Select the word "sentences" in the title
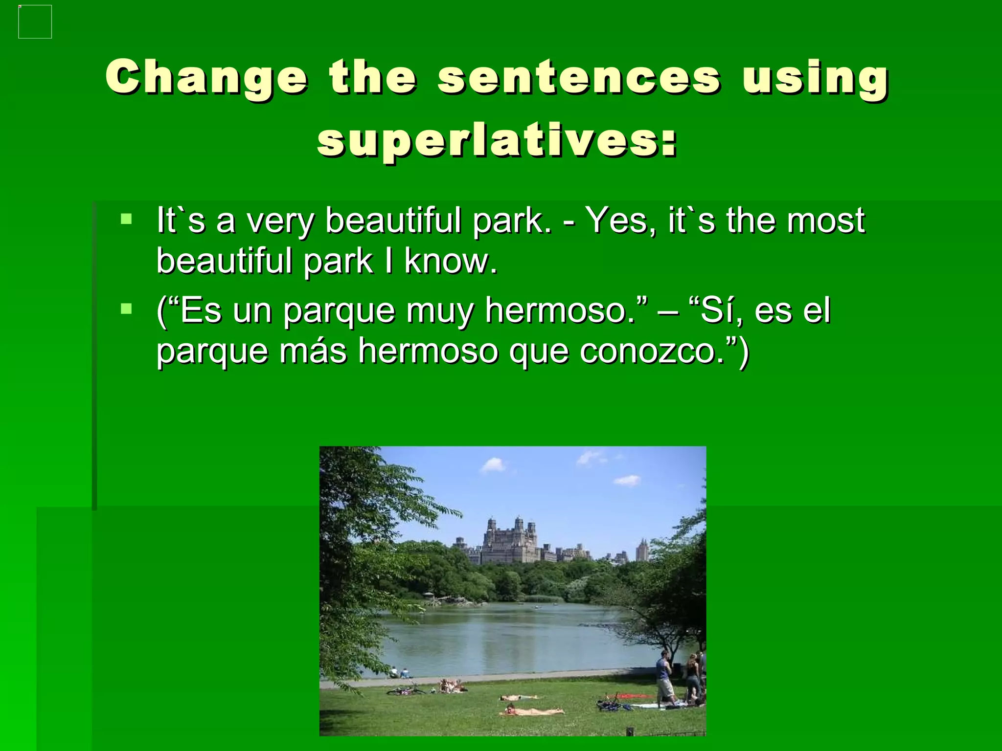point(579,77)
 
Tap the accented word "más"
point(313,351)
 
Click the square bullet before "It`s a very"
point(126,218)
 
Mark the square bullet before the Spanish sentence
point(126,309)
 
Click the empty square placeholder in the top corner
point(35,22)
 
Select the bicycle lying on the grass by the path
point(406,690)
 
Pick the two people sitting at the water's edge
point(399,673)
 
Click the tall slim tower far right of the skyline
point(642,550)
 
